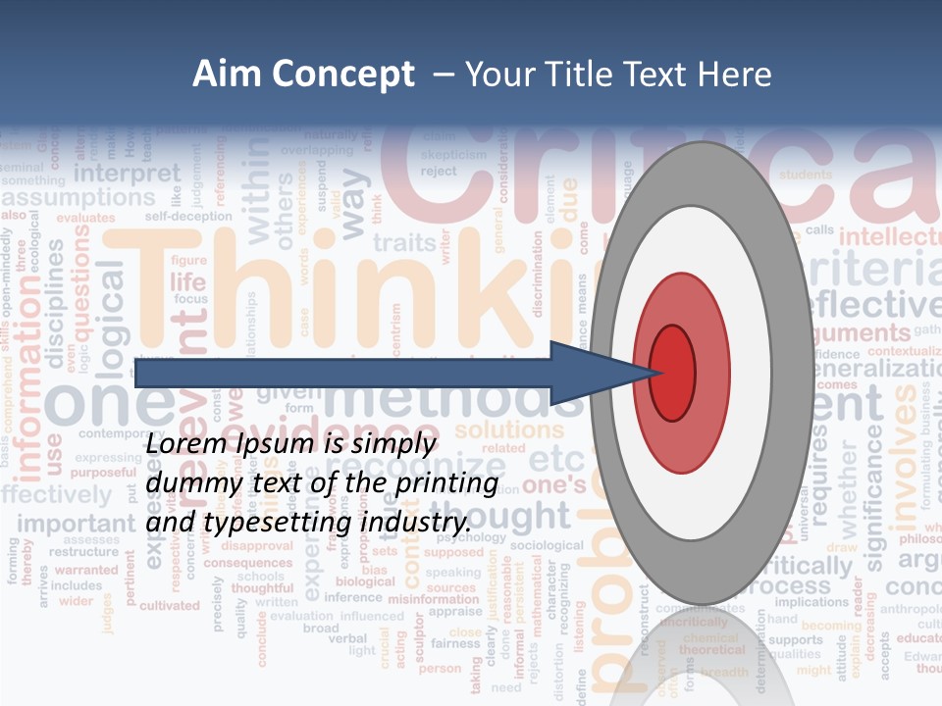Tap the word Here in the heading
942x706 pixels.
pos(733,75)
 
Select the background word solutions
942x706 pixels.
pos(509,429)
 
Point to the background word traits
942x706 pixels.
pos(404,242)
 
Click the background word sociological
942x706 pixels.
pos(548,544)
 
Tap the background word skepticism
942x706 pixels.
pos(453,154)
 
